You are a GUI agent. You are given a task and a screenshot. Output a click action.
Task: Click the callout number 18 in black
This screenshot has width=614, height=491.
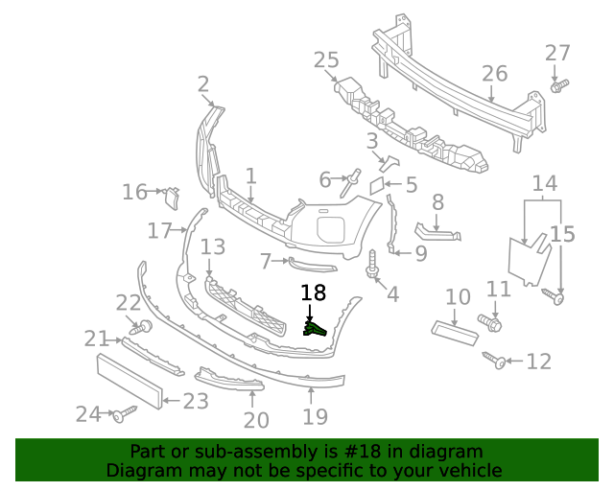pos(313,293)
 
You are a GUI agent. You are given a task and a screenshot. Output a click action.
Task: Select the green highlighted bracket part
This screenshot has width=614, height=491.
pos(315,329)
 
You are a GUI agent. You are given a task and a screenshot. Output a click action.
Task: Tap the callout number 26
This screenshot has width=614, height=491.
pos(494,73)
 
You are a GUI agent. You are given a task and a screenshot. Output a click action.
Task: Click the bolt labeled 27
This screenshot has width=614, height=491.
pos(558,86)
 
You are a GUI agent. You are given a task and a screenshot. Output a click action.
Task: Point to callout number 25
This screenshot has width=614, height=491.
pos(326,60)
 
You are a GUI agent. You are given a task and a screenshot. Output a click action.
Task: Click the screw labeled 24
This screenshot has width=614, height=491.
pos(124,414)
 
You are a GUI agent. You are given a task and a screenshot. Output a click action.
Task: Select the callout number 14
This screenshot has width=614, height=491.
pos(545,183)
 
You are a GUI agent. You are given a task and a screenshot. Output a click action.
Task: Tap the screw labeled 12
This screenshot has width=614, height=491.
pos(499,362)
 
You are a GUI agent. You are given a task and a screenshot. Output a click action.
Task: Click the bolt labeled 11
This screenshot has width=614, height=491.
pos(488,322)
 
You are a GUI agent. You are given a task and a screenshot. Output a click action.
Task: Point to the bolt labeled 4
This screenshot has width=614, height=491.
pos(372,265)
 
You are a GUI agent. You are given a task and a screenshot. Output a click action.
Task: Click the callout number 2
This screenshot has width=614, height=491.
pos(203,84)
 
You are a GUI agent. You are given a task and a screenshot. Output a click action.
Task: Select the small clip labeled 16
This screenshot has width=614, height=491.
pos(171,197)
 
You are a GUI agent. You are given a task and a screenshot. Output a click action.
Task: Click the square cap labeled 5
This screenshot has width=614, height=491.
pos(379,182)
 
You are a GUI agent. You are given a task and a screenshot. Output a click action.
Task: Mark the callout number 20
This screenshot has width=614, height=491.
pos(256,420)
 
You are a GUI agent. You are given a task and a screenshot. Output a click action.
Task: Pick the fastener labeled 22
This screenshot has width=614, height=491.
pos(145,327)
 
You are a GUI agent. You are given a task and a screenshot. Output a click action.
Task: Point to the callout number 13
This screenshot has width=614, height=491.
pos(212,246)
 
